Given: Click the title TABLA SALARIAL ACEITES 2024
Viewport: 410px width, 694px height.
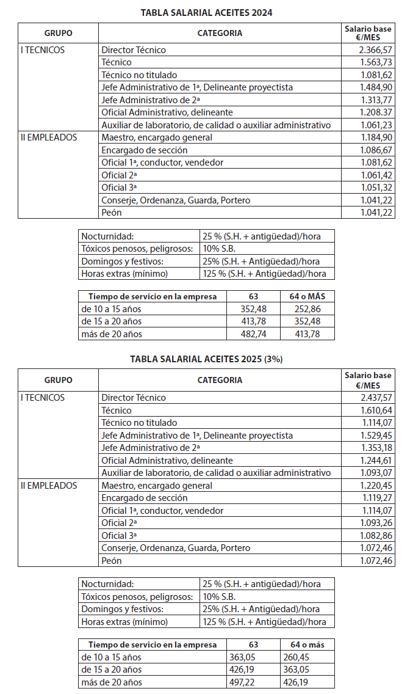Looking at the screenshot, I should [206, 12].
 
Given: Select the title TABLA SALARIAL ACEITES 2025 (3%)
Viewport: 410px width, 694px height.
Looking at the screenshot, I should [206, 359].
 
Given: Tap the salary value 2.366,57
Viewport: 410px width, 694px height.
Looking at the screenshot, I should [376, 50].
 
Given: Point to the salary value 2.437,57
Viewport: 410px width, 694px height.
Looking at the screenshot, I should [376, 398].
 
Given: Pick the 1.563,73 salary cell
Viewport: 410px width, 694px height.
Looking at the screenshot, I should [376, 62].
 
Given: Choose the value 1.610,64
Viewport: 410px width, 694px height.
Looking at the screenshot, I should [376, 410].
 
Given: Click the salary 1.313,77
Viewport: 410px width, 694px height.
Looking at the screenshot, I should [376, 100].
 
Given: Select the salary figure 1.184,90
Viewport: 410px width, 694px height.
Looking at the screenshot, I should [376, 137].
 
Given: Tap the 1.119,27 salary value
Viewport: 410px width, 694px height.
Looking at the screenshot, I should [376, 498].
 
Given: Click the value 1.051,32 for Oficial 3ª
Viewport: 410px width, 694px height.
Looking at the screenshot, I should [376, 188].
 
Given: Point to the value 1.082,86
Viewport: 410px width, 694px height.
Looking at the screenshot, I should [376, 535].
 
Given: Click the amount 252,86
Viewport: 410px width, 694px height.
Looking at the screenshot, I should [307, 309].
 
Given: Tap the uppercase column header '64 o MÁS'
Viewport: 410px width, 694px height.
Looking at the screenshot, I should [307, 296].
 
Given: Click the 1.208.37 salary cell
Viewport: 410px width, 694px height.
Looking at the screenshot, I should [376, 112].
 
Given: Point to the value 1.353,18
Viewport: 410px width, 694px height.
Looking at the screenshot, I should [376, 448].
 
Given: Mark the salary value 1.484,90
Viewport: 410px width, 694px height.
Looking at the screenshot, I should [376, 87].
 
